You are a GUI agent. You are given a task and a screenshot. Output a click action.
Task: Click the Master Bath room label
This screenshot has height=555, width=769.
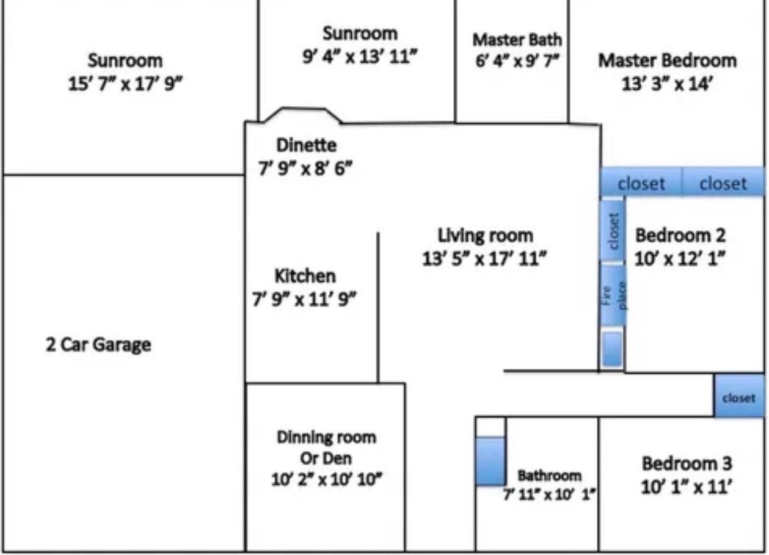pos(517,40)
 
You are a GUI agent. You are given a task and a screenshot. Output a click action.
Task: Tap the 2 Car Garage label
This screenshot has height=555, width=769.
pos(98,345)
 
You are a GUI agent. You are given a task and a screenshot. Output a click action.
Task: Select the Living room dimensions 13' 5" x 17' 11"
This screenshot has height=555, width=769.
pos(484,259)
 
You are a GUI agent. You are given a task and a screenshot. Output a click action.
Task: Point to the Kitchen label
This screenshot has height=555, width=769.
pos(305,276)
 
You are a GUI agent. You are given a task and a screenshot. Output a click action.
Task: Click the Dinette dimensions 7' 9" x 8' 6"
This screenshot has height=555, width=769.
pos(305,168)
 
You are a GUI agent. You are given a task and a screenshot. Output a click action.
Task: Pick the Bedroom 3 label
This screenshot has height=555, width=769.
pos(687,463)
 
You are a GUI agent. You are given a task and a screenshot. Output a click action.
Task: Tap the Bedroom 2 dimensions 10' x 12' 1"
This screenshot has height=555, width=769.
pos(680,258)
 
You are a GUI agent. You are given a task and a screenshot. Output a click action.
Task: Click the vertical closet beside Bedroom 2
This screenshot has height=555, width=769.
pos(613,231)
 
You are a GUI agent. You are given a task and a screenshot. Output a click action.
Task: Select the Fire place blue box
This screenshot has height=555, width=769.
pos(614,296)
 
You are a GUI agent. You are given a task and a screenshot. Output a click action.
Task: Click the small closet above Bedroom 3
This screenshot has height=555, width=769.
pos(739,397)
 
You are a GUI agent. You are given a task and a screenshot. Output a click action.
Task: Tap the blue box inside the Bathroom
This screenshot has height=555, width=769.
pos(490,461)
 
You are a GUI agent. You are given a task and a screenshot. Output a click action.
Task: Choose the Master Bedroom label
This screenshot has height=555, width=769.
pos(668,60)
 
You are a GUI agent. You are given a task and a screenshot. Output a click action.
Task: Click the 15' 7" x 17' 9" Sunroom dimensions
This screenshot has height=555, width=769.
pos(125,84)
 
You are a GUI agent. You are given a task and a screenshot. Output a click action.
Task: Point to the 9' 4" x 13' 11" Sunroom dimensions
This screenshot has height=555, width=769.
pos(360,57)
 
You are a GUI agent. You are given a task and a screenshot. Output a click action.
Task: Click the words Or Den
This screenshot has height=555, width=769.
pos(326,459)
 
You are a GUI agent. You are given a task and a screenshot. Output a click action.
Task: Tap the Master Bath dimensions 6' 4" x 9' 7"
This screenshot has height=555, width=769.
pos(517,61)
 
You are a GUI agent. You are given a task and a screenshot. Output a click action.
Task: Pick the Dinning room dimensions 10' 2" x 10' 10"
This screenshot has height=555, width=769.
pos(327,479)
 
